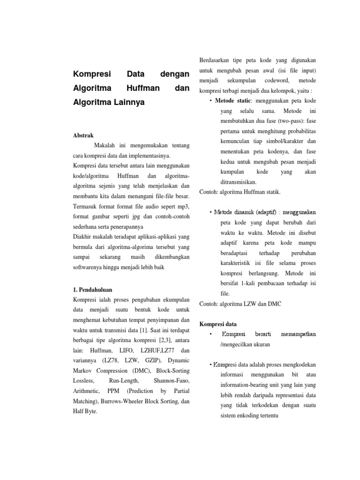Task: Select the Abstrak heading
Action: [83, 135]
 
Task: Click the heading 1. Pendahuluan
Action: [93, 290]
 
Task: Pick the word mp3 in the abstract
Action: [182, 207]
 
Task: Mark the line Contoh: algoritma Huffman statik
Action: [240, 192]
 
